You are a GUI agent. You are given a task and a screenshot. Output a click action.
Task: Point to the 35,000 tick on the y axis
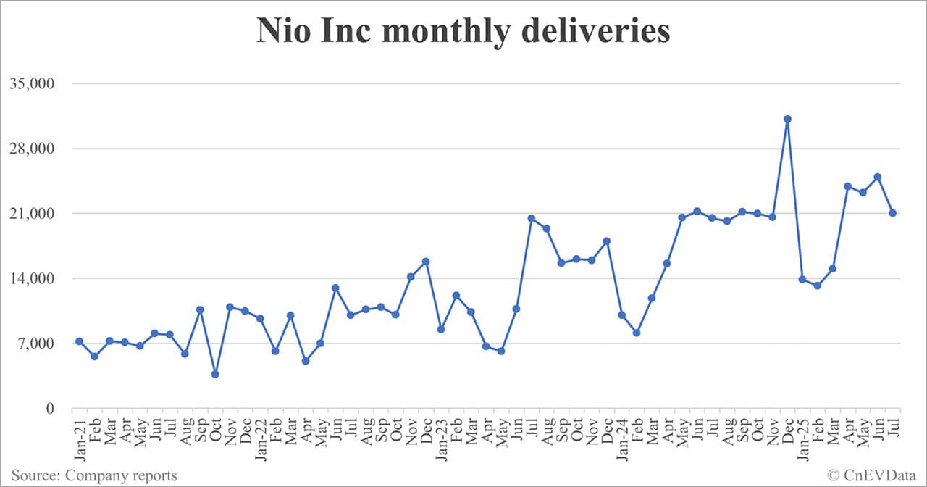pyautogui.click(x=32, y=83)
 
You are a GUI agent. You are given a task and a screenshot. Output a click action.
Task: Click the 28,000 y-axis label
pyautogui.click(x=32, y=149)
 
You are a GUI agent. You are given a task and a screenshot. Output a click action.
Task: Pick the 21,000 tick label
pyautogui.click(x=32, y=214)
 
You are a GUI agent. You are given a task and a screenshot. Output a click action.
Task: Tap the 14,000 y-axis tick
pyautogui.click(x=32, y=279)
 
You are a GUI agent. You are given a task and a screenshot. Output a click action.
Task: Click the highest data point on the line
pyautogui.click(x=787, y=119)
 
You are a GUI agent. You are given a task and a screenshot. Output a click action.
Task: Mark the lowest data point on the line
pyautogui.click(x=215, y=374)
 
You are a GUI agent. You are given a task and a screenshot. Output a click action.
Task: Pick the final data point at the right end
pyautogui.click(x=893, y=213)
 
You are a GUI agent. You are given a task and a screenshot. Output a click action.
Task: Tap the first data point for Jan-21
pyautogui.click(x=79, y=341)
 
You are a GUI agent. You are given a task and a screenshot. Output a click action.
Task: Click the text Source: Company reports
pyautogui.click(x=94, y=475)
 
